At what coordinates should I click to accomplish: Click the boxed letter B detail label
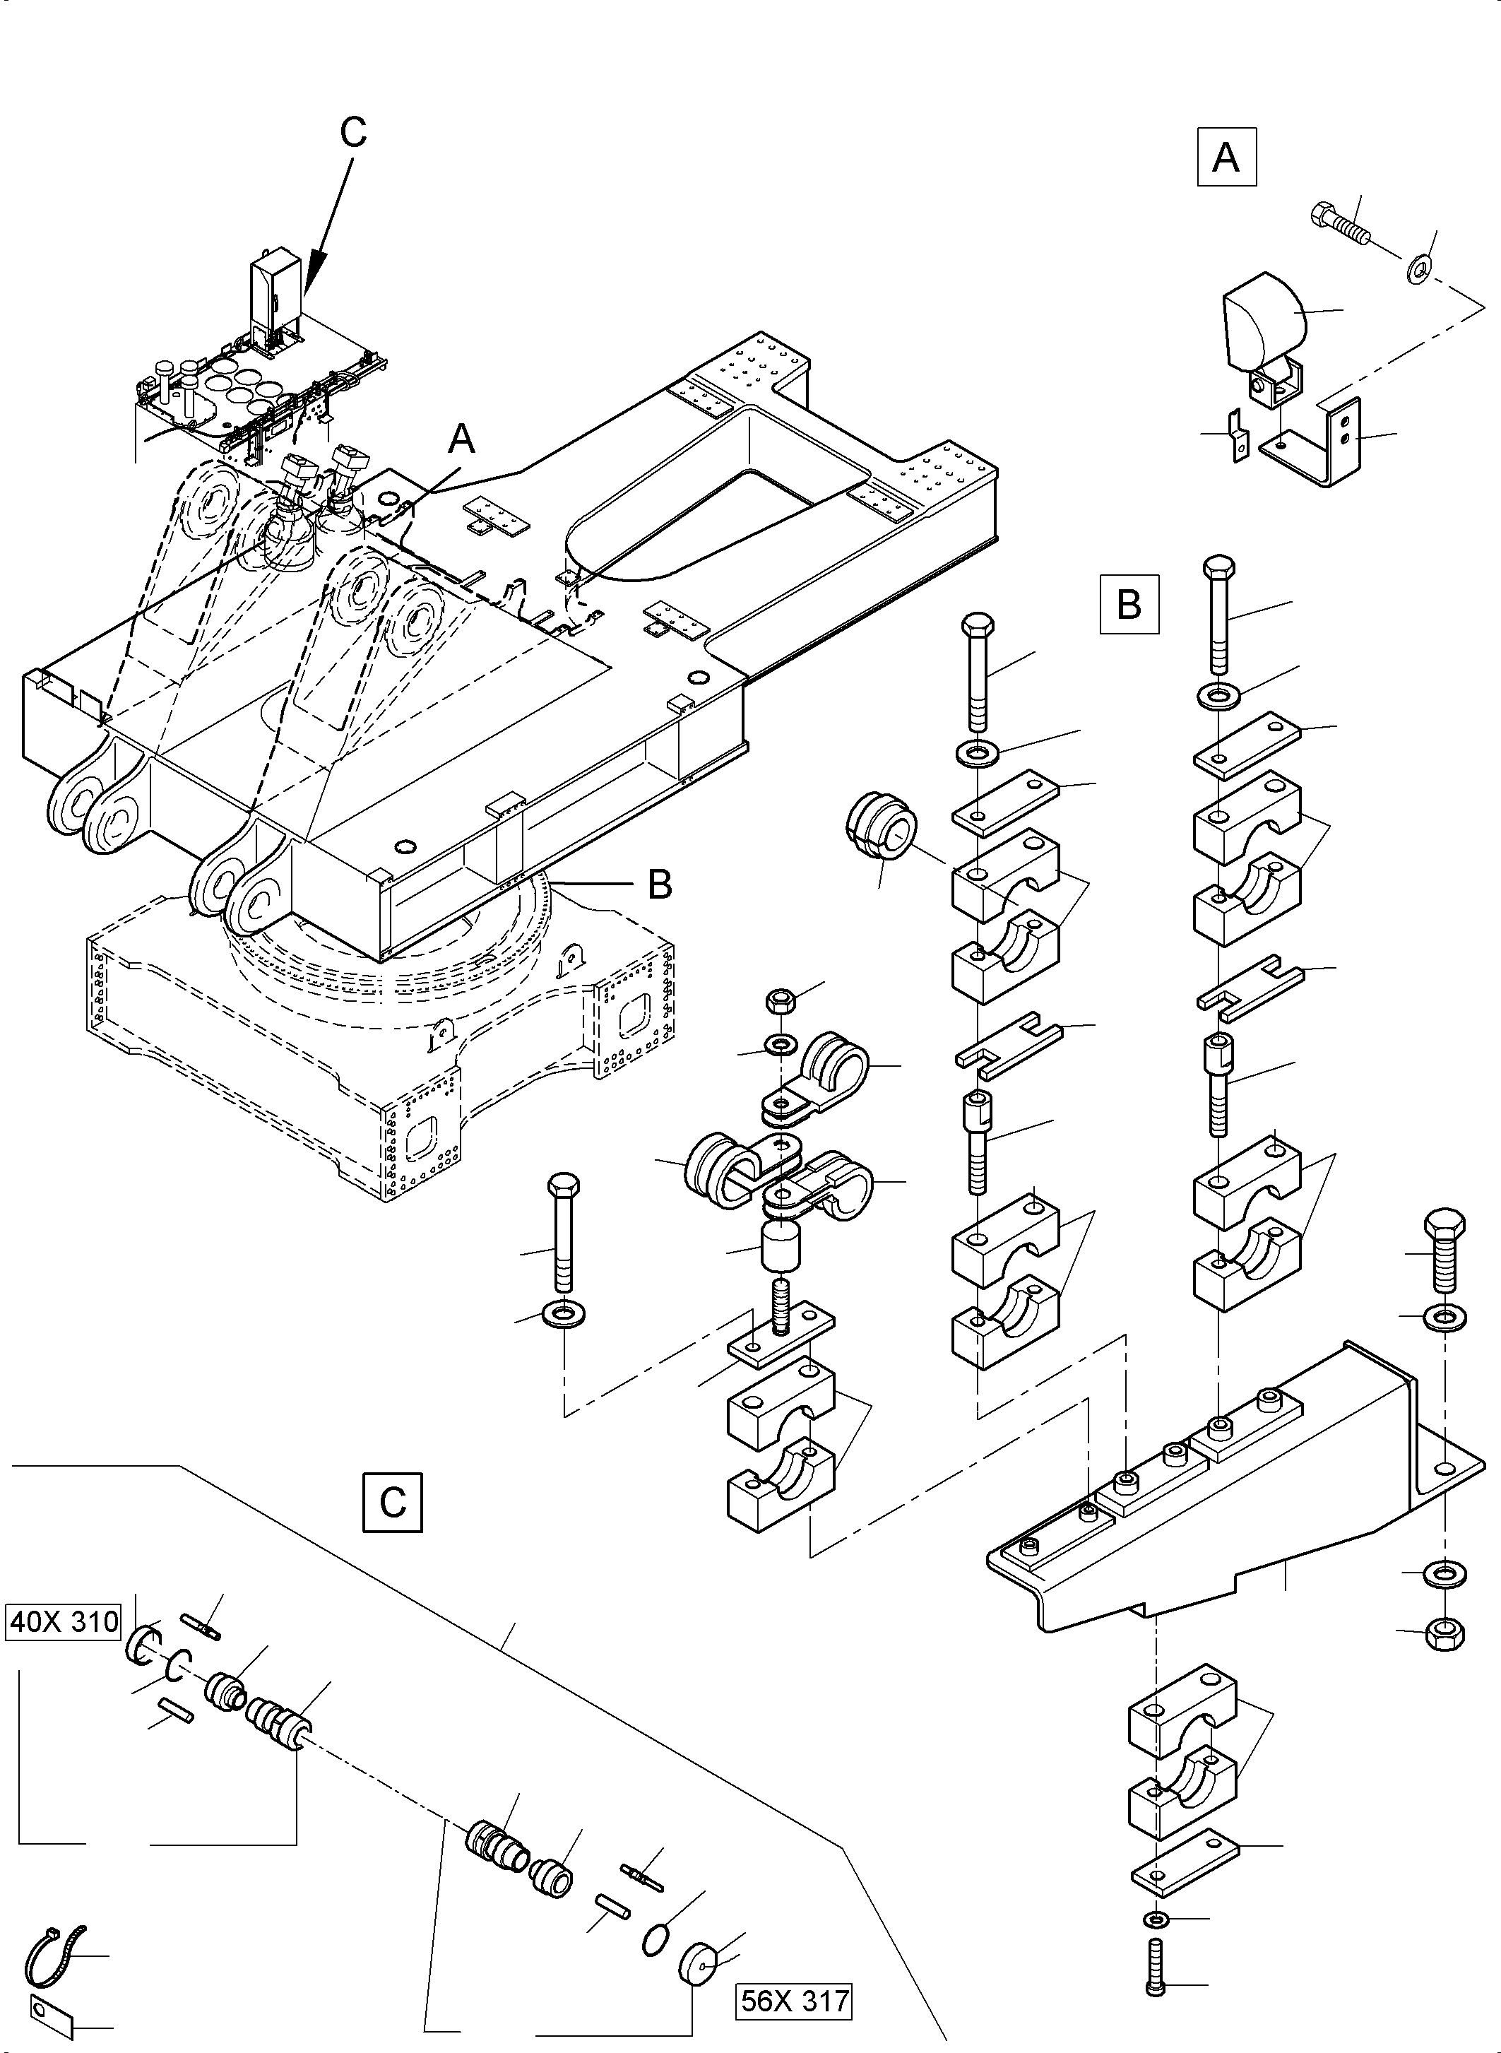pyautogui.click(x=1129, y=603)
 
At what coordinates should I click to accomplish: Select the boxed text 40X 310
pyautogui.click(x=64, y=1621)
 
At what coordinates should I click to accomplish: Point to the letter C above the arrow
pyautogui.click(x=352, y=133)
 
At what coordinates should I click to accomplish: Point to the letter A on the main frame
pyautogui.click(x=461, y=441)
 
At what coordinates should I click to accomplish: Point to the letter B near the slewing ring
pyautogui.click(x=660, y=882)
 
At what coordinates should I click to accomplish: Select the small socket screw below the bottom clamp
pyautogui.click(x=1155, y=1987)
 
